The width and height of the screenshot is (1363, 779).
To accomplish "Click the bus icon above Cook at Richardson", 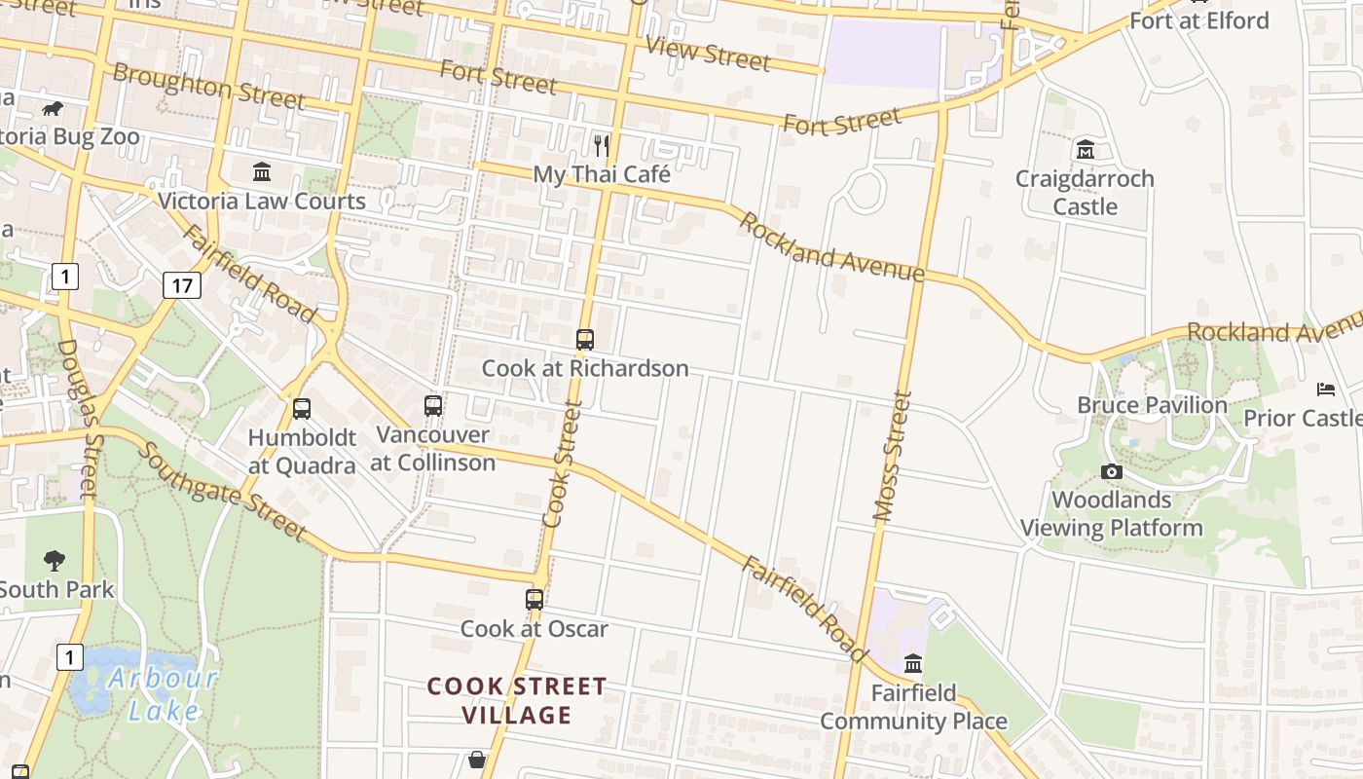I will click(584, 339).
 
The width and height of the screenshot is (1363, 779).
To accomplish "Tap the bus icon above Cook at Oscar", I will click(534, 599).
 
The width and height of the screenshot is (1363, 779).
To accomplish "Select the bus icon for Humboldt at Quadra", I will click(302, 409).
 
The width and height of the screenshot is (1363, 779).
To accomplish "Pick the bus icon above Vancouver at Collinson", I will click(433, 405).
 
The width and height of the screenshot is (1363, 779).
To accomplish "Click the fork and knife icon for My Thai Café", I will click(602, 146).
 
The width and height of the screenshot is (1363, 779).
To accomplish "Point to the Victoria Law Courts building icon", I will click(262, 172).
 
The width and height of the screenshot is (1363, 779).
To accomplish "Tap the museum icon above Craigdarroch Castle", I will click(1085, 150).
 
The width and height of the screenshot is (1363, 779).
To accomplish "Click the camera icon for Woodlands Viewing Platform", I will click(1111, 472).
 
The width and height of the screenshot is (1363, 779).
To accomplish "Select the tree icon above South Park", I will click(55, 560).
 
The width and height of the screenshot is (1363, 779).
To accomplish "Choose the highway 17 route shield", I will click(182, 284).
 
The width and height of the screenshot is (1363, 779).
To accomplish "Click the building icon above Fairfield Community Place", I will click(913, 664).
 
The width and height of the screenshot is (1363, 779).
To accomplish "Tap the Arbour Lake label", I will click(164, 694).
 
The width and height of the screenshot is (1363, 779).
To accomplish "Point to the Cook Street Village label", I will click(517, 701).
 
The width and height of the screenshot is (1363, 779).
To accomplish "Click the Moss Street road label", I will click(893, 457).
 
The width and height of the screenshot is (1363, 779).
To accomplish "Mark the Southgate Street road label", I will click(221, 492).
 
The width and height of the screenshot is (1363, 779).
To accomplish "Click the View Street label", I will click(708, 54).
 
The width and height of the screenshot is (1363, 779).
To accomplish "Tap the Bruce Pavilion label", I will click(1152, 405).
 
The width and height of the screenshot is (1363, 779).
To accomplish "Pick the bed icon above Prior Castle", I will click(1325, 389).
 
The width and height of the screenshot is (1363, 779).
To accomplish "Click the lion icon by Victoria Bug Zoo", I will click(52, 108).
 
